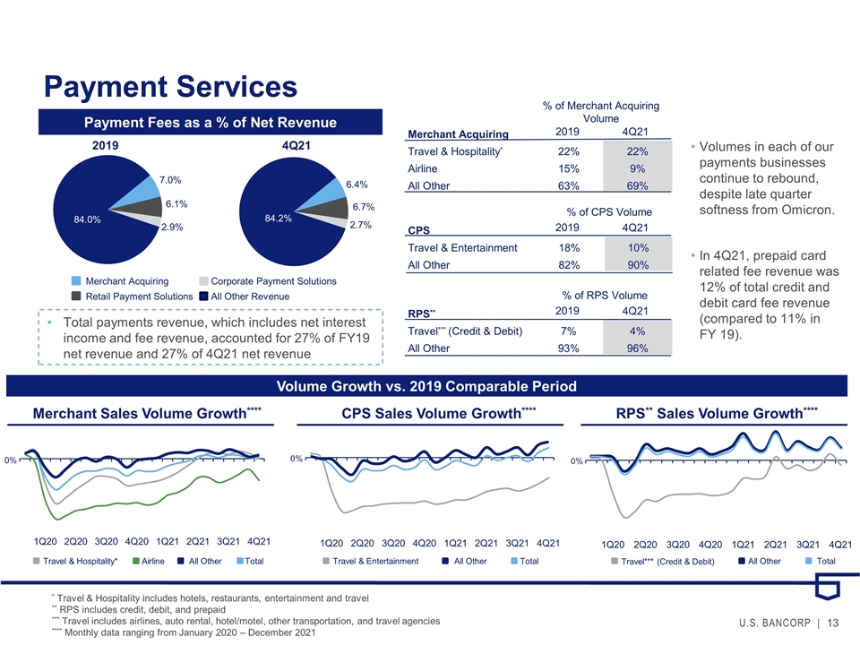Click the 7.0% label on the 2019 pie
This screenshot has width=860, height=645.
point(170,180)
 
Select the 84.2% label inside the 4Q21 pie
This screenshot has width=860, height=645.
point(278,219)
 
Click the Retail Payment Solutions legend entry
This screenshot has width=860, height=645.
point(133,297)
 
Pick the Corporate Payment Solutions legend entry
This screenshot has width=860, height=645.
point(268,280)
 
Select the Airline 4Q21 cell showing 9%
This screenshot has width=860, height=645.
point(637,168)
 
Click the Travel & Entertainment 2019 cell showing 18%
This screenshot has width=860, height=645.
point(569,248)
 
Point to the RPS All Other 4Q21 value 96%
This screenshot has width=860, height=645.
point(637,348)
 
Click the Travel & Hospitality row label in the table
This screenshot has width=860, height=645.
point(455,151)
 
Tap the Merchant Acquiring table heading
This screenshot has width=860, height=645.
point(458,134)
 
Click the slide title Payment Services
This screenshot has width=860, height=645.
point(170,87)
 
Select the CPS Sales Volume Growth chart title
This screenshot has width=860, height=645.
point(439,413)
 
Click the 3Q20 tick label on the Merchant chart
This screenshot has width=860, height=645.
point(106,541)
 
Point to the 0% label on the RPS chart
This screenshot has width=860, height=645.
point(576,461)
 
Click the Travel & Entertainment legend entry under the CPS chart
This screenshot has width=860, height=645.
point(370,561)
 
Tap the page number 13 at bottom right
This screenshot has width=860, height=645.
point(832,623)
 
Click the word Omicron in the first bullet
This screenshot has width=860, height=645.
point(808,210)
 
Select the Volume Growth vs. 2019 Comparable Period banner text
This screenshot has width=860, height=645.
point(426,386)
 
